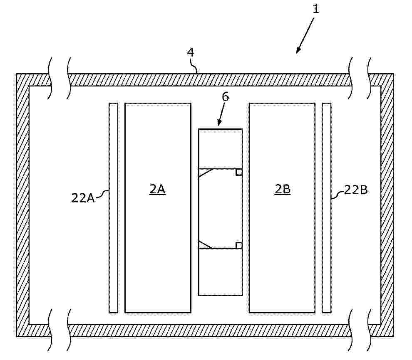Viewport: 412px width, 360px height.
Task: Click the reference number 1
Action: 315,9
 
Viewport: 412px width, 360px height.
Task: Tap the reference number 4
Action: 191,52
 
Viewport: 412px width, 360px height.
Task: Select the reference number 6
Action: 226,97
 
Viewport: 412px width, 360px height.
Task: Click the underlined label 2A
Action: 158,189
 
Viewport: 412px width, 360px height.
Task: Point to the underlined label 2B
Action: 283,189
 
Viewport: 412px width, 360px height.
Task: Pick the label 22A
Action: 83,198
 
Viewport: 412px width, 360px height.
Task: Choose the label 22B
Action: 356,190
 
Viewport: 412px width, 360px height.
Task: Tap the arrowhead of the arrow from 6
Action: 220,123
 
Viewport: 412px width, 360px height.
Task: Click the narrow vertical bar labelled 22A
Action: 114,208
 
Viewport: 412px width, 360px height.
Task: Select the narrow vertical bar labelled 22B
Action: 326,208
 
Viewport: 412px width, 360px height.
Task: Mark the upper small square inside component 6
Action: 239,172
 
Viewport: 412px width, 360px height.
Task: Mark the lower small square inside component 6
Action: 239,245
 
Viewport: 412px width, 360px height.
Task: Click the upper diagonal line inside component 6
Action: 206,173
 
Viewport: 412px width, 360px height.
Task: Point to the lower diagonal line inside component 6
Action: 206,244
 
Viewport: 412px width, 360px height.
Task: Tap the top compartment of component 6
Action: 221,148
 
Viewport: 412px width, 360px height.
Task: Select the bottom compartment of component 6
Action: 221,272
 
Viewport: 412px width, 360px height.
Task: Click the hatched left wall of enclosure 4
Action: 22,205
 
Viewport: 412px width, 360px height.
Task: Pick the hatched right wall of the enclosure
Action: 387,205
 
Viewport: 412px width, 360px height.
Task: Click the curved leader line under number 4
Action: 195,66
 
